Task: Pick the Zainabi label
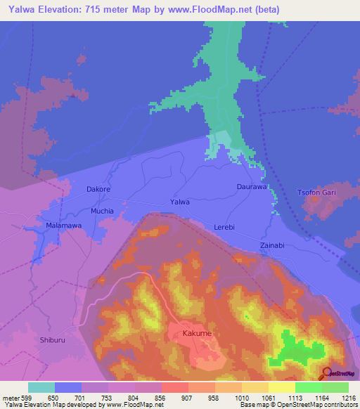click(x=272, y=245)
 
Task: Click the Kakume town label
click(x=198, y=332)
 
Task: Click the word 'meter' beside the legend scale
click(x=9, y=397)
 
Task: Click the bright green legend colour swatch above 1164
click(x=309, y=387)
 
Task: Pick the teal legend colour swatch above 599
click(x=41, y=387)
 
